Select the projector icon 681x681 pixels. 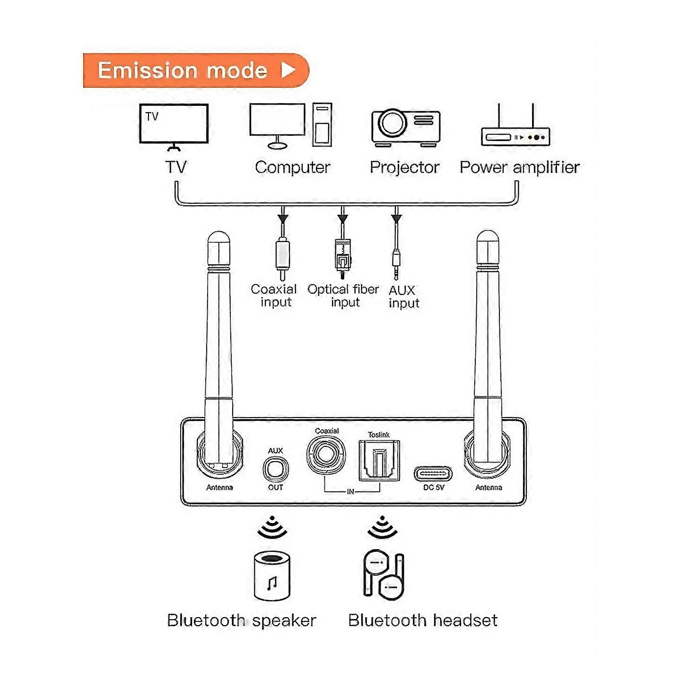click(x=406, y=127)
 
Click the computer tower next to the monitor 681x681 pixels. click(x=322, y=124)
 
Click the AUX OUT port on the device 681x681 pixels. click(x=275, y=469)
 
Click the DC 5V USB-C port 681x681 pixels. click(x=433, y=473)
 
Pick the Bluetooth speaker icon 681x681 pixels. click(x=272, y=576)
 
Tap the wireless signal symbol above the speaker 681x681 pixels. click(x=272, y=528)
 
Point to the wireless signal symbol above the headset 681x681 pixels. click(x=383, y=528)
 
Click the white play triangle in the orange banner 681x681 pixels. click(x=288, y=70)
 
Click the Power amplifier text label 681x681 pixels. click(x=519, y=167)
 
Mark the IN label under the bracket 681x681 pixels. click(x=350, y=492)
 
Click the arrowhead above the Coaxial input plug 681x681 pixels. click(x=283, y=218)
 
